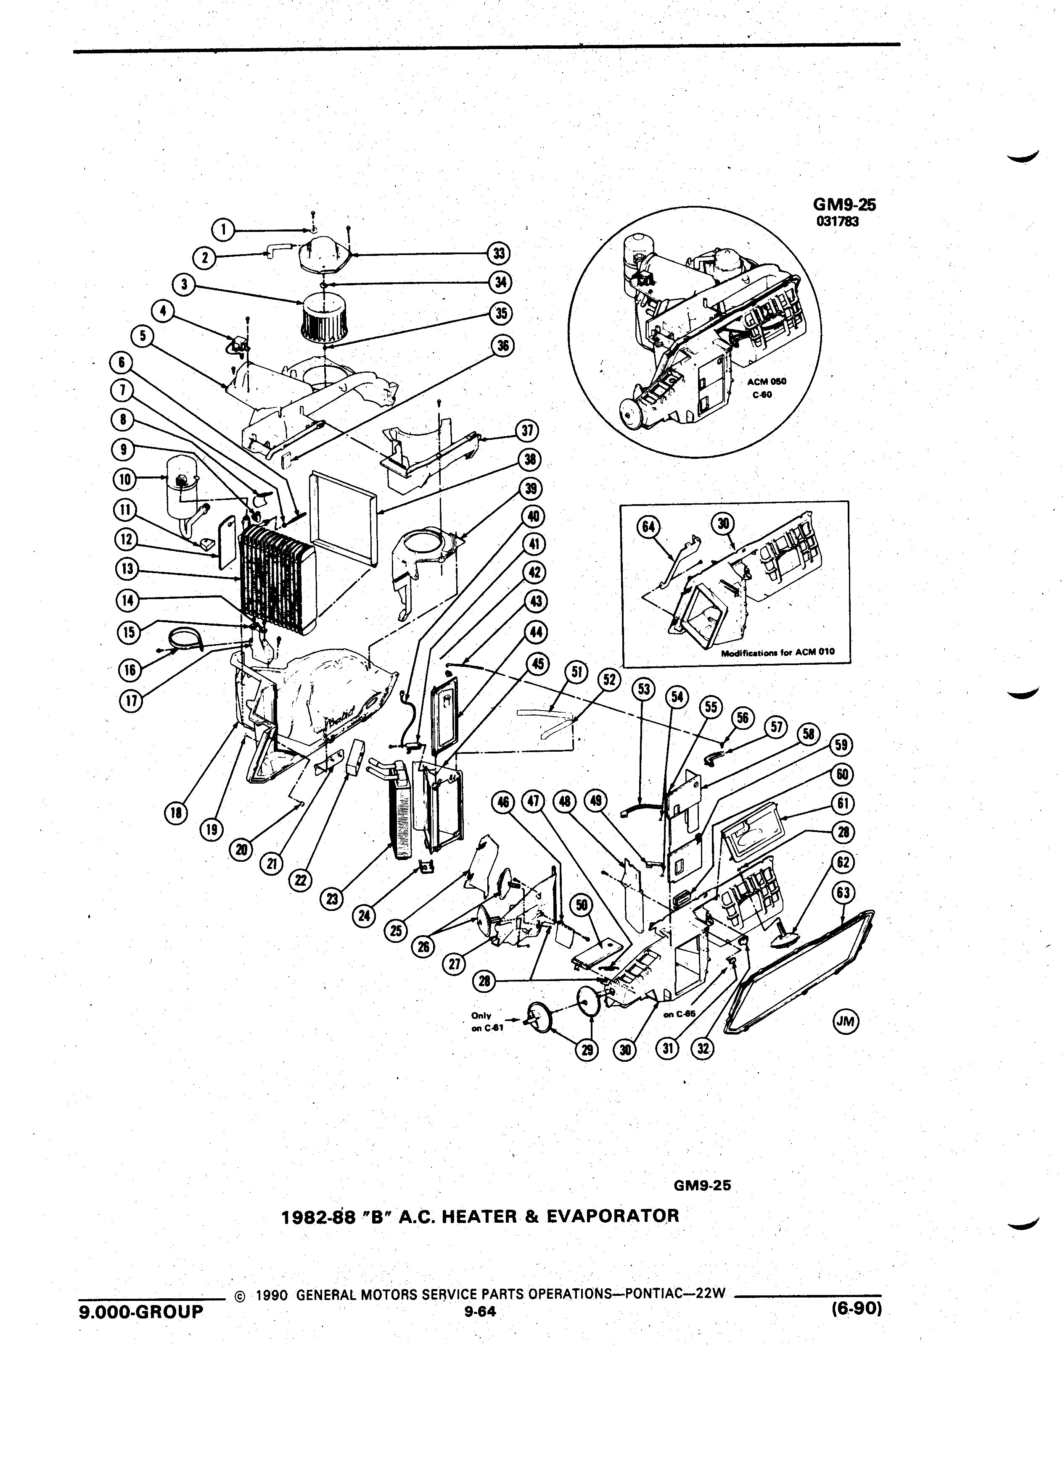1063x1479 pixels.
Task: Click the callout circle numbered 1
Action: tap(224, 229)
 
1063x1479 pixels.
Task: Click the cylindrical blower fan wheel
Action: tap(323, 318)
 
